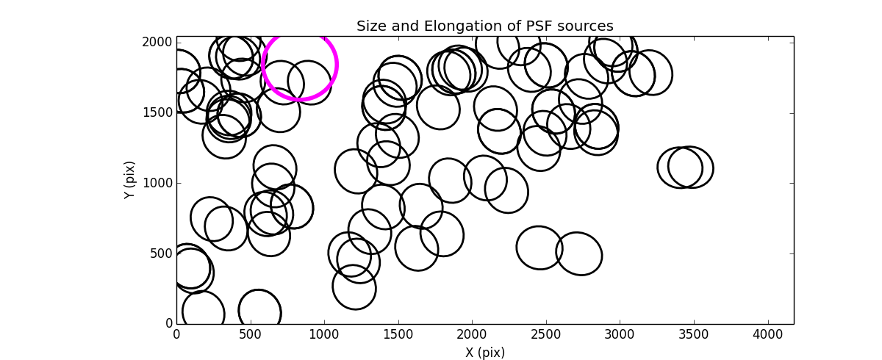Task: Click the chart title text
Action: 484,26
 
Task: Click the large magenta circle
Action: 300,64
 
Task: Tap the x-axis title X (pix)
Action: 484,353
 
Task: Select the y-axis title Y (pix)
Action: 129,180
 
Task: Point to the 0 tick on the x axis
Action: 176,334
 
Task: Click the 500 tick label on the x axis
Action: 251,334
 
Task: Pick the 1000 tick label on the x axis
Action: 324,334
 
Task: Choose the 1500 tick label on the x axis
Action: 398,334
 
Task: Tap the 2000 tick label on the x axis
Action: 472,334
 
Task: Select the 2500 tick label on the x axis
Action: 546,334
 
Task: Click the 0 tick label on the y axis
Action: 168,324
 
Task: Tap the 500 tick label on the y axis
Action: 162,254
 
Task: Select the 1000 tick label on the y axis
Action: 159,184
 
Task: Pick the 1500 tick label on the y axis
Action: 159,113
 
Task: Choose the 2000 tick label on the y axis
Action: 159,43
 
